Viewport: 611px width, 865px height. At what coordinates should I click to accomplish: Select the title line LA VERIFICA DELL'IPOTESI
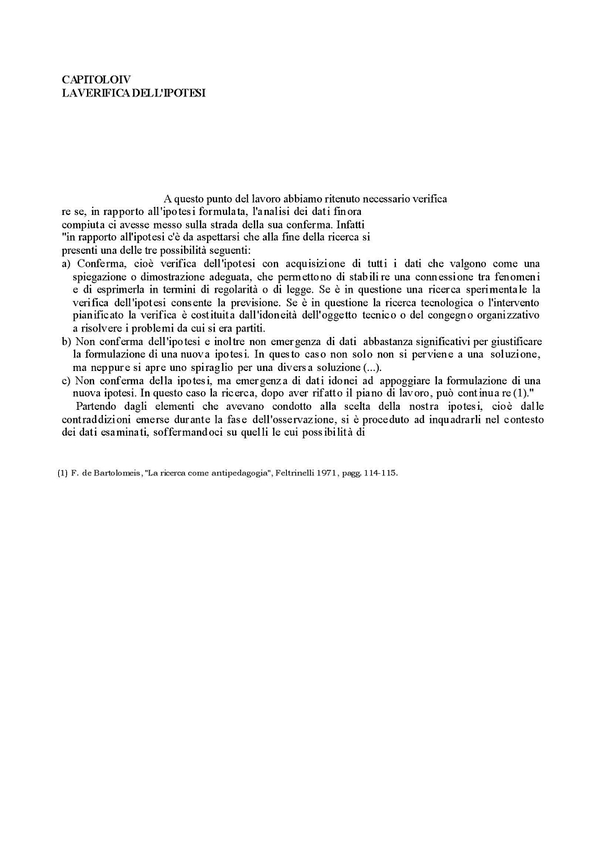[133, 92]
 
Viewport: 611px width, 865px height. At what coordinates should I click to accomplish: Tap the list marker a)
[67, 263]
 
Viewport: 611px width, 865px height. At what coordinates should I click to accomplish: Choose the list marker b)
[67, 341]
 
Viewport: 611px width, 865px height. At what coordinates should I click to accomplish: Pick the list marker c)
[67, 380]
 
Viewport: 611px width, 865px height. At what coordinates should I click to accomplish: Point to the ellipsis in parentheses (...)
[372, 367]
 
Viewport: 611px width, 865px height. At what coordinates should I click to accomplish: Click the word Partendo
[96, 406]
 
